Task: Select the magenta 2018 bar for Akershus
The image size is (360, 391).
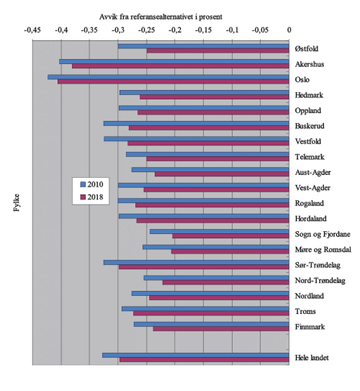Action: (180, 66)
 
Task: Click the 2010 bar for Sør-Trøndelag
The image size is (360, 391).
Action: (196, 262)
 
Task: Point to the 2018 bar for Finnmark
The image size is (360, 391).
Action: (221, 329)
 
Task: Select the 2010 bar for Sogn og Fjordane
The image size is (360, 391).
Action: (220, 231)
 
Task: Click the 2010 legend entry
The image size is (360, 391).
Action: (92, 184)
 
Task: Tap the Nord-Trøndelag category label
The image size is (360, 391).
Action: (320, 281)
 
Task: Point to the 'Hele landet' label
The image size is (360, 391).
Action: (312, 358)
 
